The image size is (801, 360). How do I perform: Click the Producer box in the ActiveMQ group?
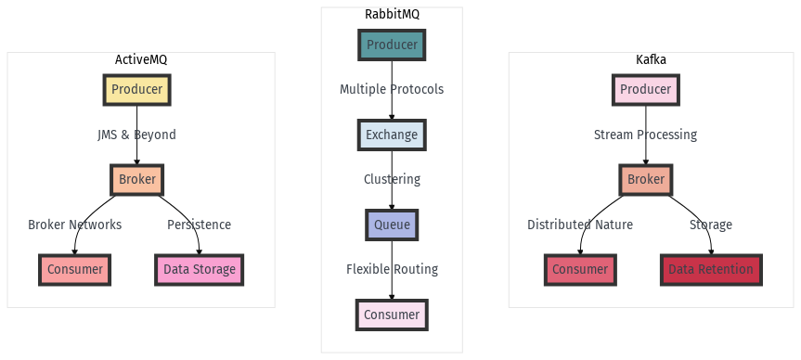[136, 90]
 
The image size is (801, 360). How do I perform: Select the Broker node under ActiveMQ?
[136, 179]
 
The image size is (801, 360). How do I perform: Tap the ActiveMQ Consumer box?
[74, 269]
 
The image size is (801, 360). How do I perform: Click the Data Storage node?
[199, 269]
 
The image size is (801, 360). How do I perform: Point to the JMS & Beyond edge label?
[136, 135]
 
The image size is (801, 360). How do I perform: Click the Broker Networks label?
[74, 225]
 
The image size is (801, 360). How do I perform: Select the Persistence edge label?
[199, 225]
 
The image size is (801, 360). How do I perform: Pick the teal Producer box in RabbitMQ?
[392, 45]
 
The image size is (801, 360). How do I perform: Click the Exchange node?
[392, 135]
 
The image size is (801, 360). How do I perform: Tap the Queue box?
[392, 225]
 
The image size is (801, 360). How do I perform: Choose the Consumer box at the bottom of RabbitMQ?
[392, 315]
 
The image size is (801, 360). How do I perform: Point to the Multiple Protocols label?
[392, 90]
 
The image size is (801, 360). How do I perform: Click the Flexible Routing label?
[392, 269]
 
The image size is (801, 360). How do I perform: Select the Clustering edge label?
[392, 179]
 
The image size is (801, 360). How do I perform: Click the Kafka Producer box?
[645, 90]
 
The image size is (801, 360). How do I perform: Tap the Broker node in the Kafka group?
[645, 179]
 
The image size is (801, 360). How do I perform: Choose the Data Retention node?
[712, 269]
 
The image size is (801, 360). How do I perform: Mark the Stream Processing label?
[645, 135]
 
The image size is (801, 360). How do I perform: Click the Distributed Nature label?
[580, 225]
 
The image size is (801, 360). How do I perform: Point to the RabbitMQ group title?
[392, 15]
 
